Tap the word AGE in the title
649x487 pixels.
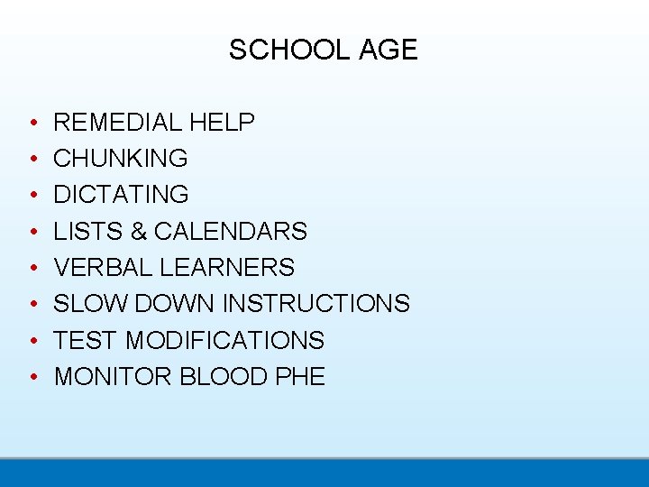pyautogui.click(x=388, y=50)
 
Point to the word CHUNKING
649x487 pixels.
pyautogui.click(x=121, y=159)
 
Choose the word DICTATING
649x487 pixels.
pyautogui.click(x=121, y=195)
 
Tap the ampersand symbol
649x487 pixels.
pyautogui.click(x=139, y=232)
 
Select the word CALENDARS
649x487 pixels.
pyautogui.click(x=231, y=232)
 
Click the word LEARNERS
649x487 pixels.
pyautogui.click(x=225, y=268)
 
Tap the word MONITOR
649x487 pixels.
pyautogui.click(x=114, y=377)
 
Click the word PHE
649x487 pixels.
pyautogui.click(x=299, y=377)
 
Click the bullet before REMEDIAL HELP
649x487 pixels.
pyautogui.click(x=32, y=123)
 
